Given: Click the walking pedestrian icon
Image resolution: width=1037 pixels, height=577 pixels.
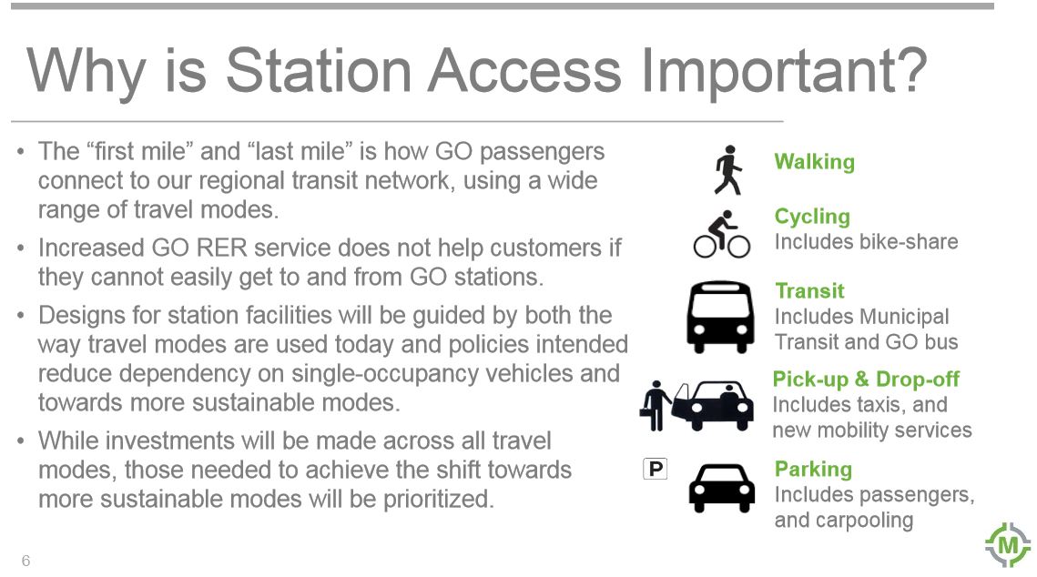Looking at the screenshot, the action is [728, 170].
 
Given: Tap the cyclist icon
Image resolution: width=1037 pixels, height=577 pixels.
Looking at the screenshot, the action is [722, 234].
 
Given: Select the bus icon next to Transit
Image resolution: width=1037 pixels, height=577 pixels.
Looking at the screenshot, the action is [720, 318].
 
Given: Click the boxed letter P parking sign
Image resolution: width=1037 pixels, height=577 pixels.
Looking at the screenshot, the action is [656, 469].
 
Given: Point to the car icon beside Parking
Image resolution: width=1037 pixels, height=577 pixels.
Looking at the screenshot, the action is [722, 488].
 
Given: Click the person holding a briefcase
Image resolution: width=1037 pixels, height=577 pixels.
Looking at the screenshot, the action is [655, 405].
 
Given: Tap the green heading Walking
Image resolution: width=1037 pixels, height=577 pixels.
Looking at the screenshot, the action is [814, 162].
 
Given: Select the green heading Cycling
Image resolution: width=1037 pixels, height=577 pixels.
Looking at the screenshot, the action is [812, 217].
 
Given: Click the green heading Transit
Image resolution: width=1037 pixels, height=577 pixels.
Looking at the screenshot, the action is [809, 291].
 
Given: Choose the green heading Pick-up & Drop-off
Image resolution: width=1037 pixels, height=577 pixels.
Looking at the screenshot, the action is [866, 380].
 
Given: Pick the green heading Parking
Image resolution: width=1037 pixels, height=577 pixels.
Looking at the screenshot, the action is [813, 470].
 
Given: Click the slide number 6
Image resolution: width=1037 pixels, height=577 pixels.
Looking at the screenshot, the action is [25, 561].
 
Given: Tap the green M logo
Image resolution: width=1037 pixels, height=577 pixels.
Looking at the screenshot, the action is [1008, 545].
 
